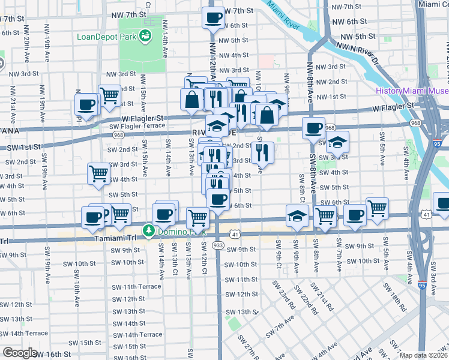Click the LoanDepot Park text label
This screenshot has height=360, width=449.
(106, 36)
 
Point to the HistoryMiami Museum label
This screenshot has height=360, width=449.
(412, 91)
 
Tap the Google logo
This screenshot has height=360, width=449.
(20, 353)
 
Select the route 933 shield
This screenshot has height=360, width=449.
(218, 245)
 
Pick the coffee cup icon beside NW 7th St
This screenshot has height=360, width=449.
(212, 17)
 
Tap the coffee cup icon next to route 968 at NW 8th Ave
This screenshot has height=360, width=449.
(313, 127)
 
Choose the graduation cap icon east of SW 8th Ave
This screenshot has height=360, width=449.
(338, 142)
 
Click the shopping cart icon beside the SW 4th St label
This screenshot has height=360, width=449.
(99, 173)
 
